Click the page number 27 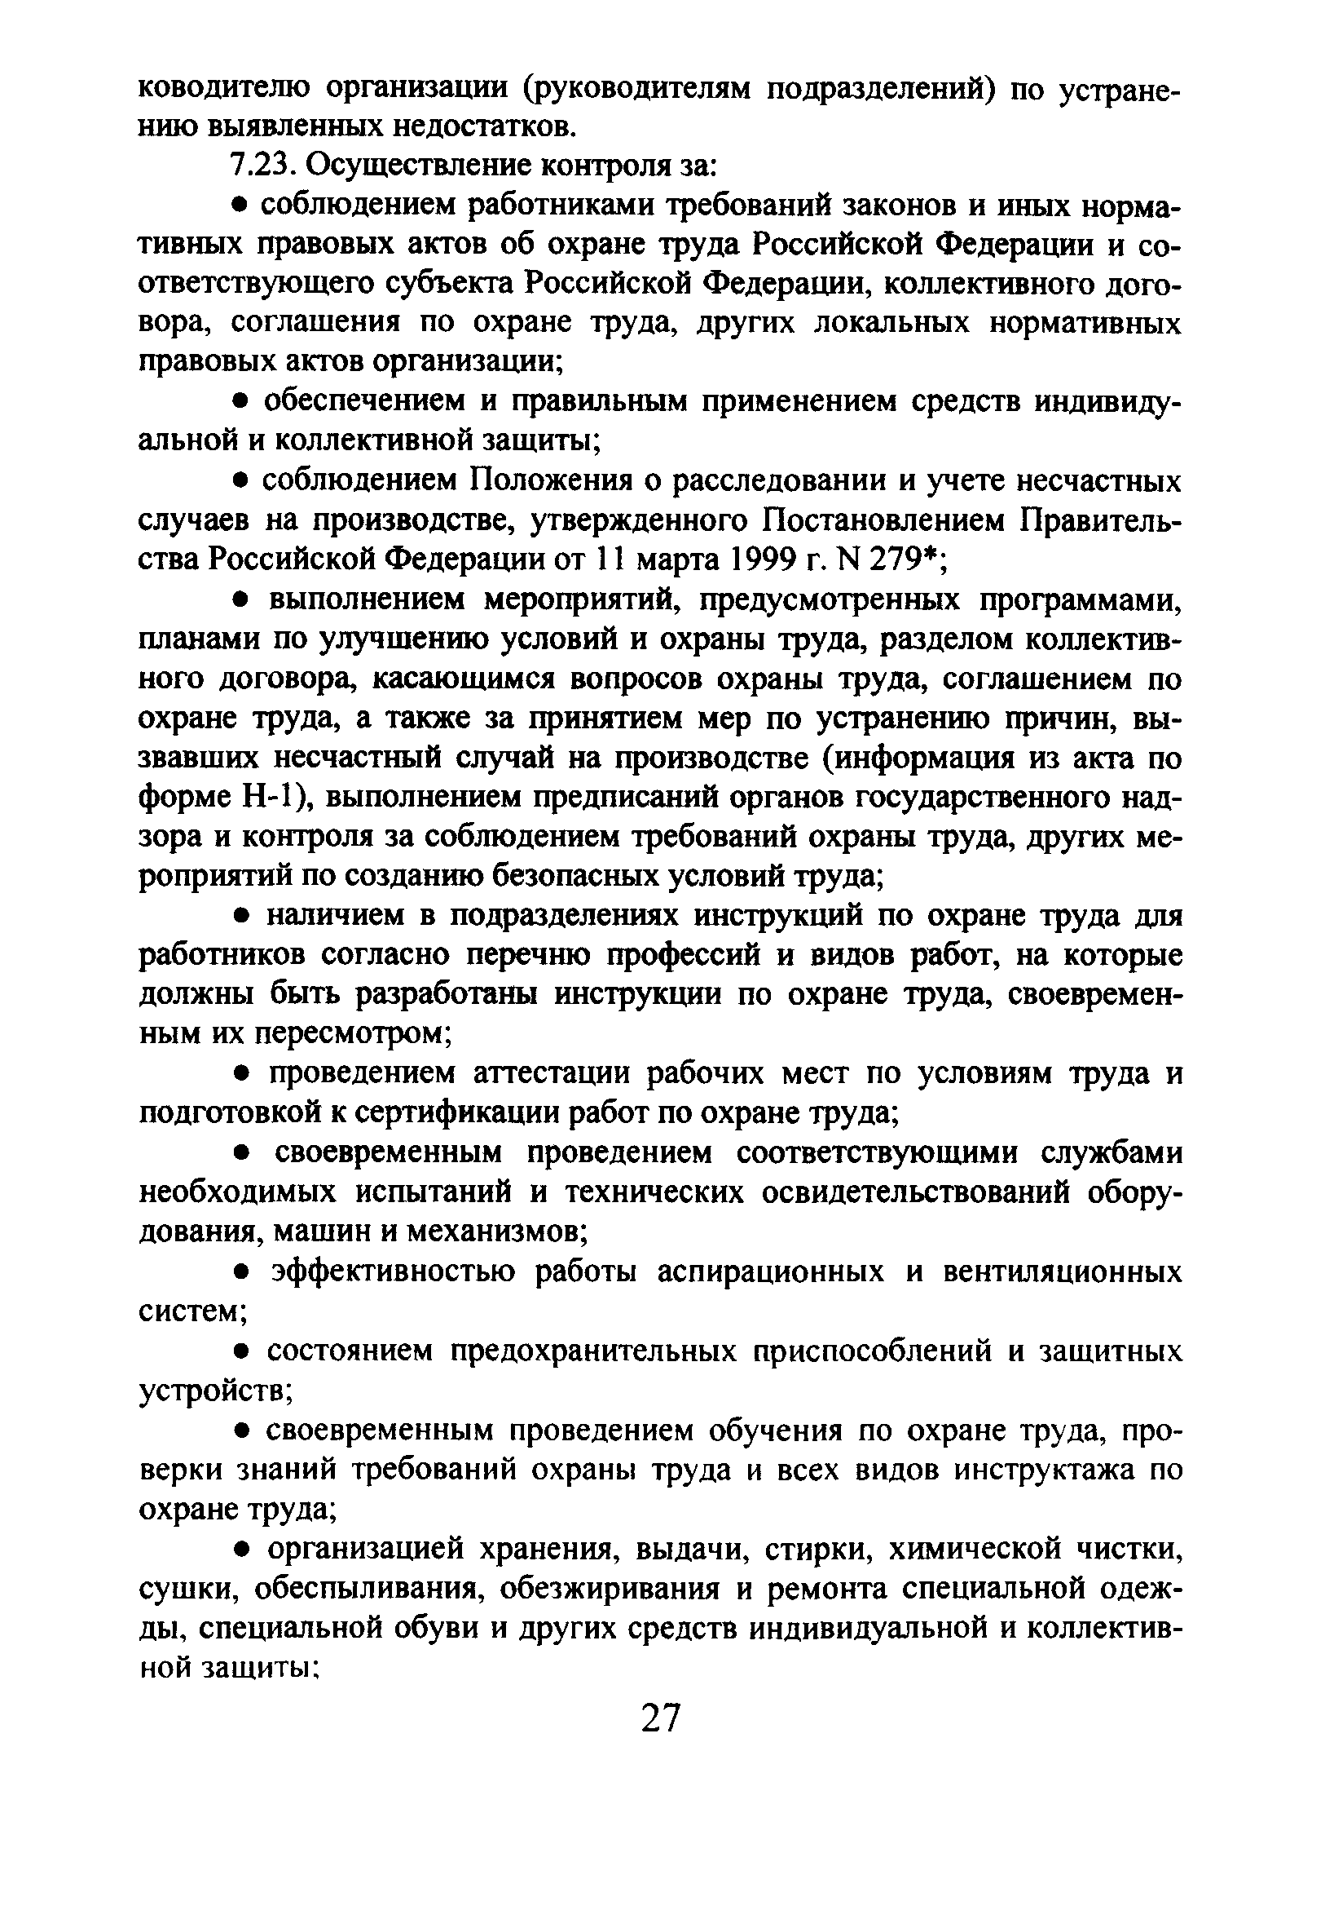[661, 1718]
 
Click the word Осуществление [418, 166]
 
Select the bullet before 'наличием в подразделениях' [240, 917]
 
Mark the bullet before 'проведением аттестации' [240, 1076]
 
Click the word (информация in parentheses [925, 758]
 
